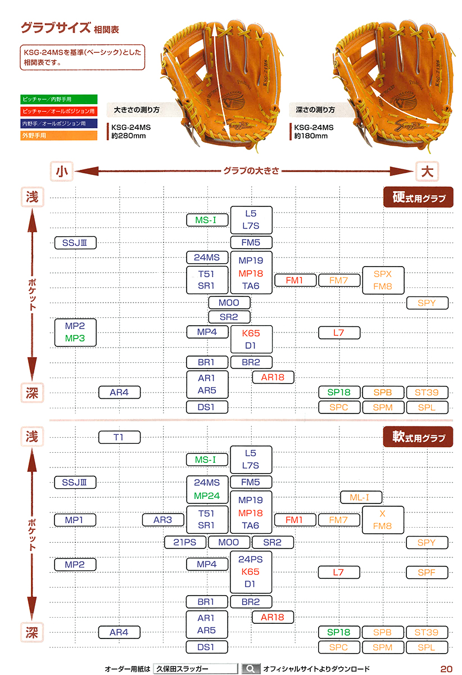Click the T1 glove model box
(x=119, y=437)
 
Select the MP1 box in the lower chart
(x=75, y=520)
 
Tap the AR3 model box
(x=163, y=520)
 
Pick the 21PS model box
(x=185, y=542)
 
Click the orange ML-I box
(x=360, y=497)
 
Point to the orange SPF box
(x=427, y=573)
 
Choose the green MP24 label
(x=207, y=496)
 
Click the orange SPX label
(x=383, y=274)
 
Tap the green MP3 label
(x=75, y=339)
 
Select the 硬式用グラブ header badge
(x=418, y=197)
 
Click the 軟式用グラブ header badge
(x=418, y=437)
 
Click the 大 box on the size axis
(x=427, y=171)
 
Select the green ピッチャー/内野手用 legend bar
(x=58, y=99)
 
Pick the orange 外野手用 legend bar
(x=58, y=136)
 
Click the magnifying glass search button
(x=250, y=669)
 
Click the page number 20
(x=446, y=669)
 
